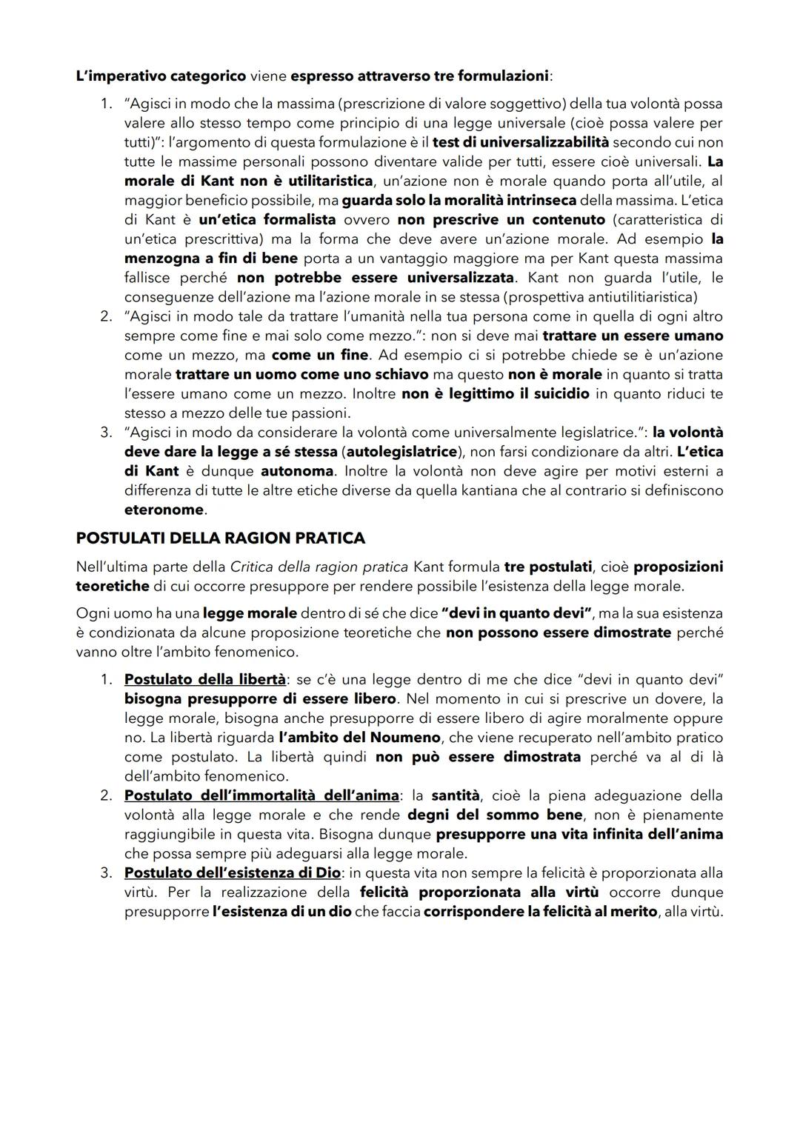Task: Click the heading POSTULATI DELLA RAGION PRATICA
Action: pos(220,538)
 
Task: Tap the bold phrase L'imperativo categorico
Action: pos(161,76)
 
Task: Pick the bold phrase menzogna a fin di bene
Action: pos(211,258)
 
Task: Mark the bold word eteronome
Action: pos(164,510)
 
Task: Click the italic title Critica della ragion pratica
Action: pos(319,567)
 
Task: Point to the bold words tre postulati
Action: pos(548,567)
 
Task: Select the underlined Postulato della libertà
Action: pos(205,679)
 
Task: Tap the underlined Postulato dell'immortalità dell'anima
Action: pos(261,795)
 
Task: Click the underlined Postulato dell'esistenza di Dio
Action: pos(233,873)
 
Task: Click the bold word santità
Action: pos(455,795)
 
